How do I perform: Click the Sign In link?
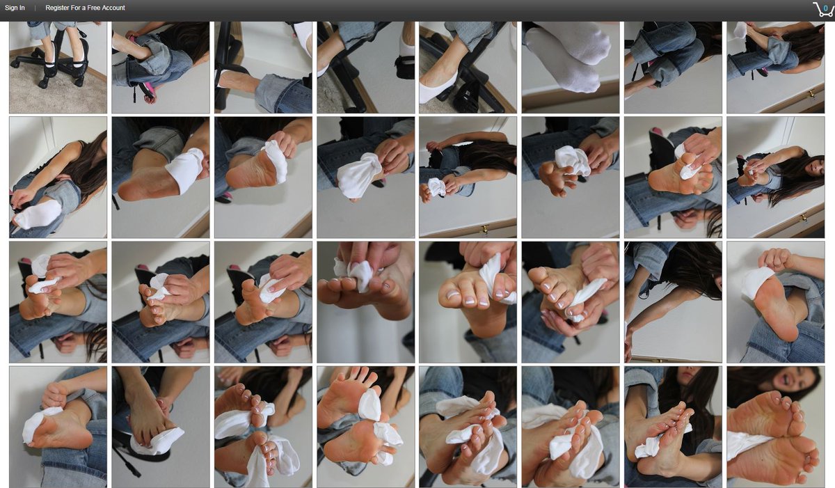(15, 8)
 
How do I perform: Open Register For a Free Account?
(85, 8)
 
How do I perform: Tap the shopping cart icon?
(822, 9)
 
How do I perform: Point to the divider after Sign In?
(35, 8)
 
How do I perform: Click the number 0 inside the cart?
(825, 8)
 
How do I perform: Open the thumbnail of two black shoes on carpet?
(58, 67)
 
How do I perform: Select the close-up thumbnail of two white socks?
(571, 67)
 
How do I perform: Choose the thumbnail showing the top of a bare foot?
(161, 427)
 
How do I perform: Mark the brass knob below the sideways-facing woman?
(485, 228)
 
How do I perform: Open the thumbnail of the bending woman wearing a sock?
(58, 178)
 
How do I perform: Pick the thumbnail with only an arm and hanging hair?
(673, 302)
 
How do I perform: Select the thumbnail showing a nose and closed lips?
(673, 427)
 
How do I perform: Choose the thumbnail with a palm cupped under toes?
(571, 302)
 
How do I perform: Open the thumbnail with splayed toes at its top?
(366, 427)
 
